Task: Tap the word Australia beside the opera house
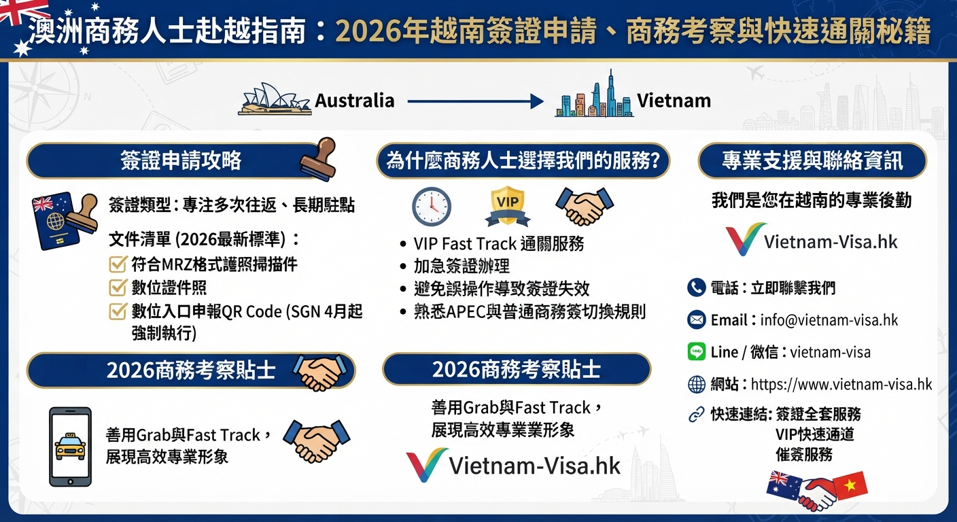[x=355, y=101]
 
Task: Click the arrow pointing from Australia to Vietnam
[x=475, y=102]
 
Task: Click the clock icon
[x=432, y=207]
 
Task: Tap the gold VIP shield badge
[x=508, y=205]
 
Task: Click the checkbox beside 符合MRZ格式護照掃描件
[x=118, y=264]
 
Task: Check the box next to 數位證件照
[x=118, y=288]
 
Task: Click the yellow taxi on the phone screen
[x=70, y=447]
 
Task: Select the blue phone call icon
[x=697, y=288]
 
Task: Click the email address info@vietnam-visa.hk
[x=829, y=320]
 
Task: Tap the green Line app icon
[x=697, y=351]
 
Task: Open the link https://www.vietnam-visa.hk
[x=841, y=384]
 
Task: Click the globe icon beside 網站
[x=697, y=385]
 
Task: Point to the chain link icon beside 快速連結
[x=697, y=414]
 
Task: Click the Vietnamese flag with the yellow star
[x=850, y=486]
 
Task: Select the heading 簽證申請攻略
[x=181, y=160]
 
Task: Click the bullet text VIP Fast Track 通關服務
[x=499, y=244]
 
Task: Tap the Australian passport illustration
[x=57, y=221]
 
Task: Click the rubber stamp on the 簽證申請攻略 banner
[x=318, y=159]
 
